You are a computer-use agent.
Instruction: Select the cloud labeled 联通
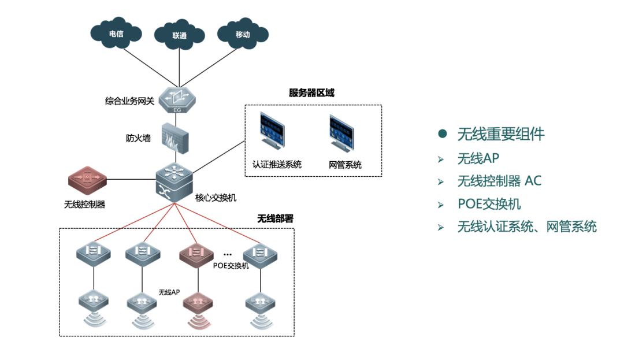tap(179, 35)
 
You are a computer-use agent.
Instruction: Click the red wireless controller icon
tap(87, 180)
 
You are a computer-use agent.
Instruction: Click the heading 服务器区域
tap(311, 93)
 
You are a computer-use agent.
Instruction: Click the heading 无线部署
tap(275, 219)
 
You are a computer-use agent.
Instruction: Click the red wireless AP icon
tap(198, 302)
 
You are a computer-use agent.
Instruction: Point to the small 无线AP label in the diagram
tap(169, 292)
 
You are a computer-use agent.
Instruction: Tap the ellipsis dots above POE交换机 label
tap(228, 255)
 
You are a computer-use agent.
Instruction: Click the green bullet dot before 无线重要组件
tap(443, 134)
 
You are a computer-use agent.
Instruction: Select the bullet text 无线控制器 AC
tap(499, 181)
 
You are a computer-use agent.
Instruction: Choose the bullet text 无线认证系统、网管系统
tap(526, 227)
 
